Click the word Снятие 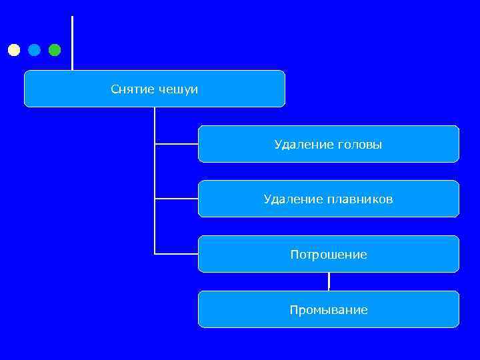tap(133, 89)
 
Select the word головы tap(360, 144)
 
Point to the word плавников tap(360, 199)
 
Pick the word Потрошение tap(329, 255)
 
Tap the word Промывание tap(329, 310)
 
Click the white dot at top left tap(14, 50)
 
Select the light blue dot tap(34, 50)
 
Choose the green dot tap(55, 50)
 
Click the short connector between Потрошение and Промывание tap(329, 281)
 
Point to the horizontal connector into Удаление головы tap(177, 143)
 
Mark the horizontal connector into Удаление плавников tap(177, 199)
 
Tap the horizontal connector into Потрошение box tap(177, 254)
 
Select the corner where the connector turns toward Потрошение tap(155, 253)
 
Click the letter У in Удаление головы tap(278, 144)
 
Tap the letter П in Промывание tap(294, 310)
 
